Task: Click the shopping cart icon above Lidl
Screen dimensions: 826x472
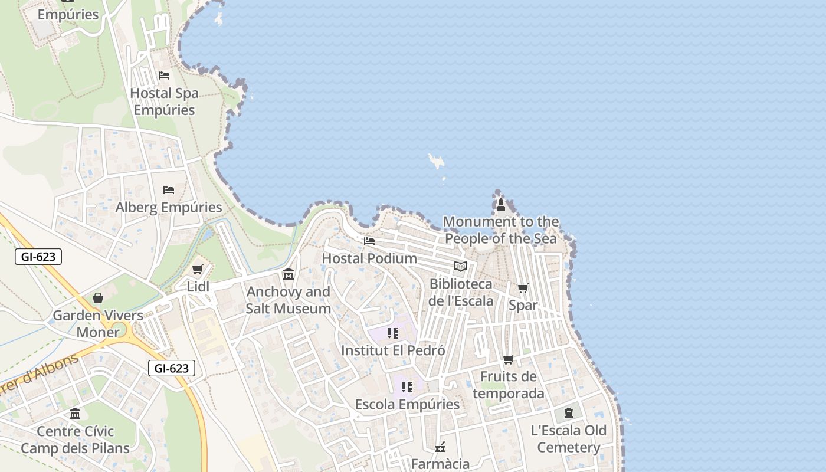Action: click(197, 270)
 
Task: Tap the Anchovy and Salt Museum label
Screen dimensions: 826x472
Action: click(288, 300)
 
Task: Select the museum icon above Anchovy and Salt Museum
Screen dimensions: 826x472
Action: click(289, 274)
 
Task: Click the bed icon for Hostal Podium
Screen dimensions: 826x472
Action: click(369, 241)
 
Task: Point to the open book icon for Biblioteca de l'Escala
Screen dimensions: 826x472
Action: click(461, 266)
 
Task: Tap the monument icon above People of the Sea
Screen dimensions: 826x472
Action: click(501, 205)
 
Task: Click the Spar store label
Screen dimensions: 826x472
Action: click(523, 305)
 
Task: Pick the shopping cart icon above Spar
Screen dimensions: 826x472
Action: click(523, 288)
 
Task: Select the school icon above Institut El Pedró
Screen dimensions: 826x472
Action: click(392, 333)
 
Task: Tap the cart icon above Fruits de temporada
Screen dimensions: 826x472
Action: click(508, 359)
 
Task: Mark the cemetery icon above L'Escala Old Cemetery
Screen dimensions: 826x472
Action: click(568, 413)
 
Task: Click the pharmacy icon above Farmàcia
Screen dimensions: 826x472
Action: click(440, 447)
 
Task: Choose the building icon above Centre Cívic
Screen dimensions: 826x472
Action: click(75, 414)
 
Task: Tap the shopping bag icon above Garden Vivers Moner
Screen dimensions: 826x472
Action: click(98, 298)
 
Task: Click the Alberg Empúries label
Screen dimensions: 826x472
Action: click(169, 207)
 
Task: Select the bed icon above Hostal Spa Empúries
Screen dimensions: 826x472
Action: click(164, 76)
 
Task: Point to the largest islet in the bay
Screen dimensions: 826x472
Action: click(437, 160)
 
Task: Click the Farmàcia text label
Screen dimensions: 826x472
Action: click(440, 464)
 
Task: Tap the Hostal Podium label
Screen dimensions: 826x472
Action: click(369, 258)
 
